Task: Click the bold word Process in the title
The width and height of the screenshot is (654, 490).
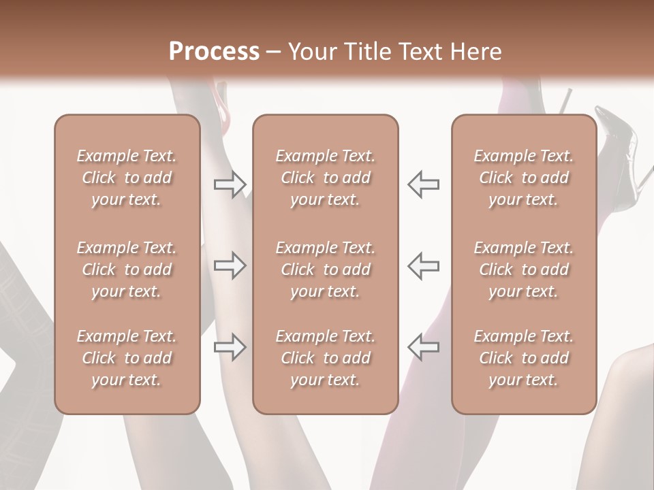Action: pyautogui.click(x=214, y=52)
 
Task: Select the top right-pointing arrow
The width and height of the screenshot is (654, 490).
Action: pyautogui.click(x=230, y=184)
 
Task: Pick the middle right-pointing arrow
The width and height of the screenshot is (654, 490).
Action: pyautogui.click(x=230, y=265)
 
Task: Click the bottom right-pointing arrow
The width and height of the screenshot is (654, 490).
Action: pyautogui.click(x=230, y=347)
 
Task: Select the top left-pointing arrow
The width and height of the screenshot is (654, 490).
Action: pyautogui.click(x=423, y=184)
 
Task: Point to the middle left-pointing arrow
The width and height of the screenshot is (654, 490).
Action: pyautogui.click(x=423, y=265)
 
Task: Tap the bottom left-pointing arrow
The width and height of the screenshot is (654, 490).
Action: pyautogui.click(x=423, y=347)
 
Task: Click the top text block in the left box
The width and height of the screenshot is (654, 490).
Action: pyautogui.click(x=127, y=178)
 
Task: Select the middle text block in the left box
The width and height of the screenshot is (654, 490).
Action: pyautogui.click(x=127, y=269)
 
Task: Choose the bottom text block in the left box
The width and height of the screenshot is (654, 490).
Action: pyautogui.click(x=127, y=358)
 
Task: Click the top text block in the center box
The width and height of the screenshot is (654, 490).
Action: pyautogui.click(x=325, y=178)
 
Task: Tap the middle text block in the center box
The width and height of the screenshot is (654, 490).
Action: pyautogui.click(x=325, y=269)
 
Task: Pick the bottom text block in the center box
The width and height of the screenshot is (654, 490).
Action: pyautogui.click(x=325, y=358)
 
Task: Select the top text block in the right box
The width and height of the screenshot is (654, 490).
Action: pyautogui.click(x=524, y=178)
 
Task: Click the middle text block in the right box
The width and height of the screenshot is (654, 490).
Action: pyautogui.click(x=524, y=269)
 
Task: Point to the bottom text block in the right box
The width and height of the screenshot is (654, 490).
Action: pyautogui.click(x=524, y=358)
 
